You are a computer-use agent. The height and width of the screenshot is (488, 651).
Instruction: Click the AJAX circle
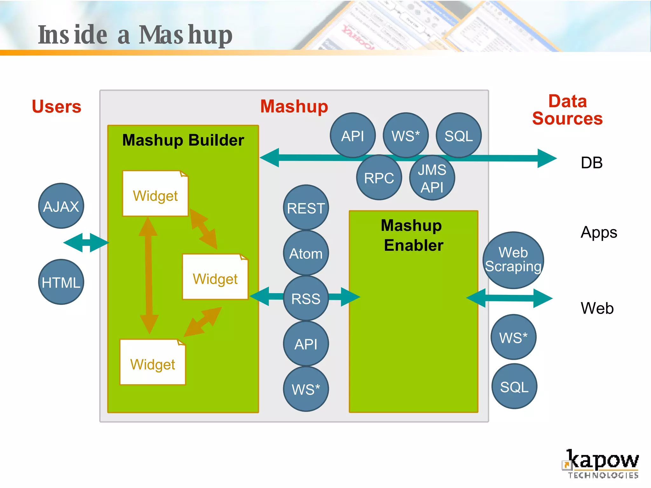coord(61,206)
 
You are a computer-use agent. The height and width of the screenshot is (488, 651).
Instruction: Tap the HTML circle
coord(61,282)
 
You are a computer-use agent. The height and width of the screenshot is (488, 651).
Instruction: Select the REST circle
coord(306,208)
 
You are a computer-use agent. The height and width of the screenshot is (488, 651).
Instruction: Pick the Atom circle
coord(306,253)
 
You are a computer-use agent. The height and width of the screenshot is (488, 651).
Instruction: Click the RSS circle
coord(306,298)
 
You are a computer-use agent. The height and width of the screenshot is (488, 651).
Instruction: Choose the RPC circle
coord(379,178)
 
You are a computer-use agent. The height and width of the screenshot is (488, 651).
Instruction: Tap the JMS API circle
coord(432,178)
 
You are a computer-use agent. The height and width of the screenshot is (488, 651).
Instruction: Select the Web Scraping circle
coord(513,260)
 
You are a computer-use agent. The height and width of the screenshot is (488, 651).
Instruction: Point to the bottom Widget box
coord(153,363)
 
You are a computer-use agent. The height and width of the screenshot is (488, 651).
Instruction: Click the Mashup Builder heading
coord(183,140)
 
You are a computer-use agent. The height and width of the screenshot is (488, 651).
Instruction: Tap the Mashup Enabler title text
coord(413,235)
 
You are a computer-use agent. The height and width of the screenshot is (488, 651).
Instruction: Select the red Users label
coord(57,106)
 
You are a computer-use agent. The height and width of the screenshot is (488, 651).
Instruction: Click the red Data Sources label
coord(567,110)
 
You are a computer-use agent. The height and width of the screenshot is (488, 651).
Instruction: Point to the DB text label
coord(592,163)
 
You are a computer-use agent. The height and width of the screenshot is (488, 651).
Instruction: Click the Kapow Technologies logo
coord(601,464)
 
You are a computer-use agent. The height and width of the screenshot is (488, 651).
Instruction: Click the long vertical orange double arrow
coord(148,275)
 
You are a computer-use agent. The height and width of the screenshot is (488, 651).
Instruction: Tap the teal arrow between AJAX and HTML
coord(86,243)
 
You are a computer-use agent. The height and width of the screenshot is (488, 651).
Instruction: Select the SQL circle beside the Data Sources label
coord(459,135)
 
